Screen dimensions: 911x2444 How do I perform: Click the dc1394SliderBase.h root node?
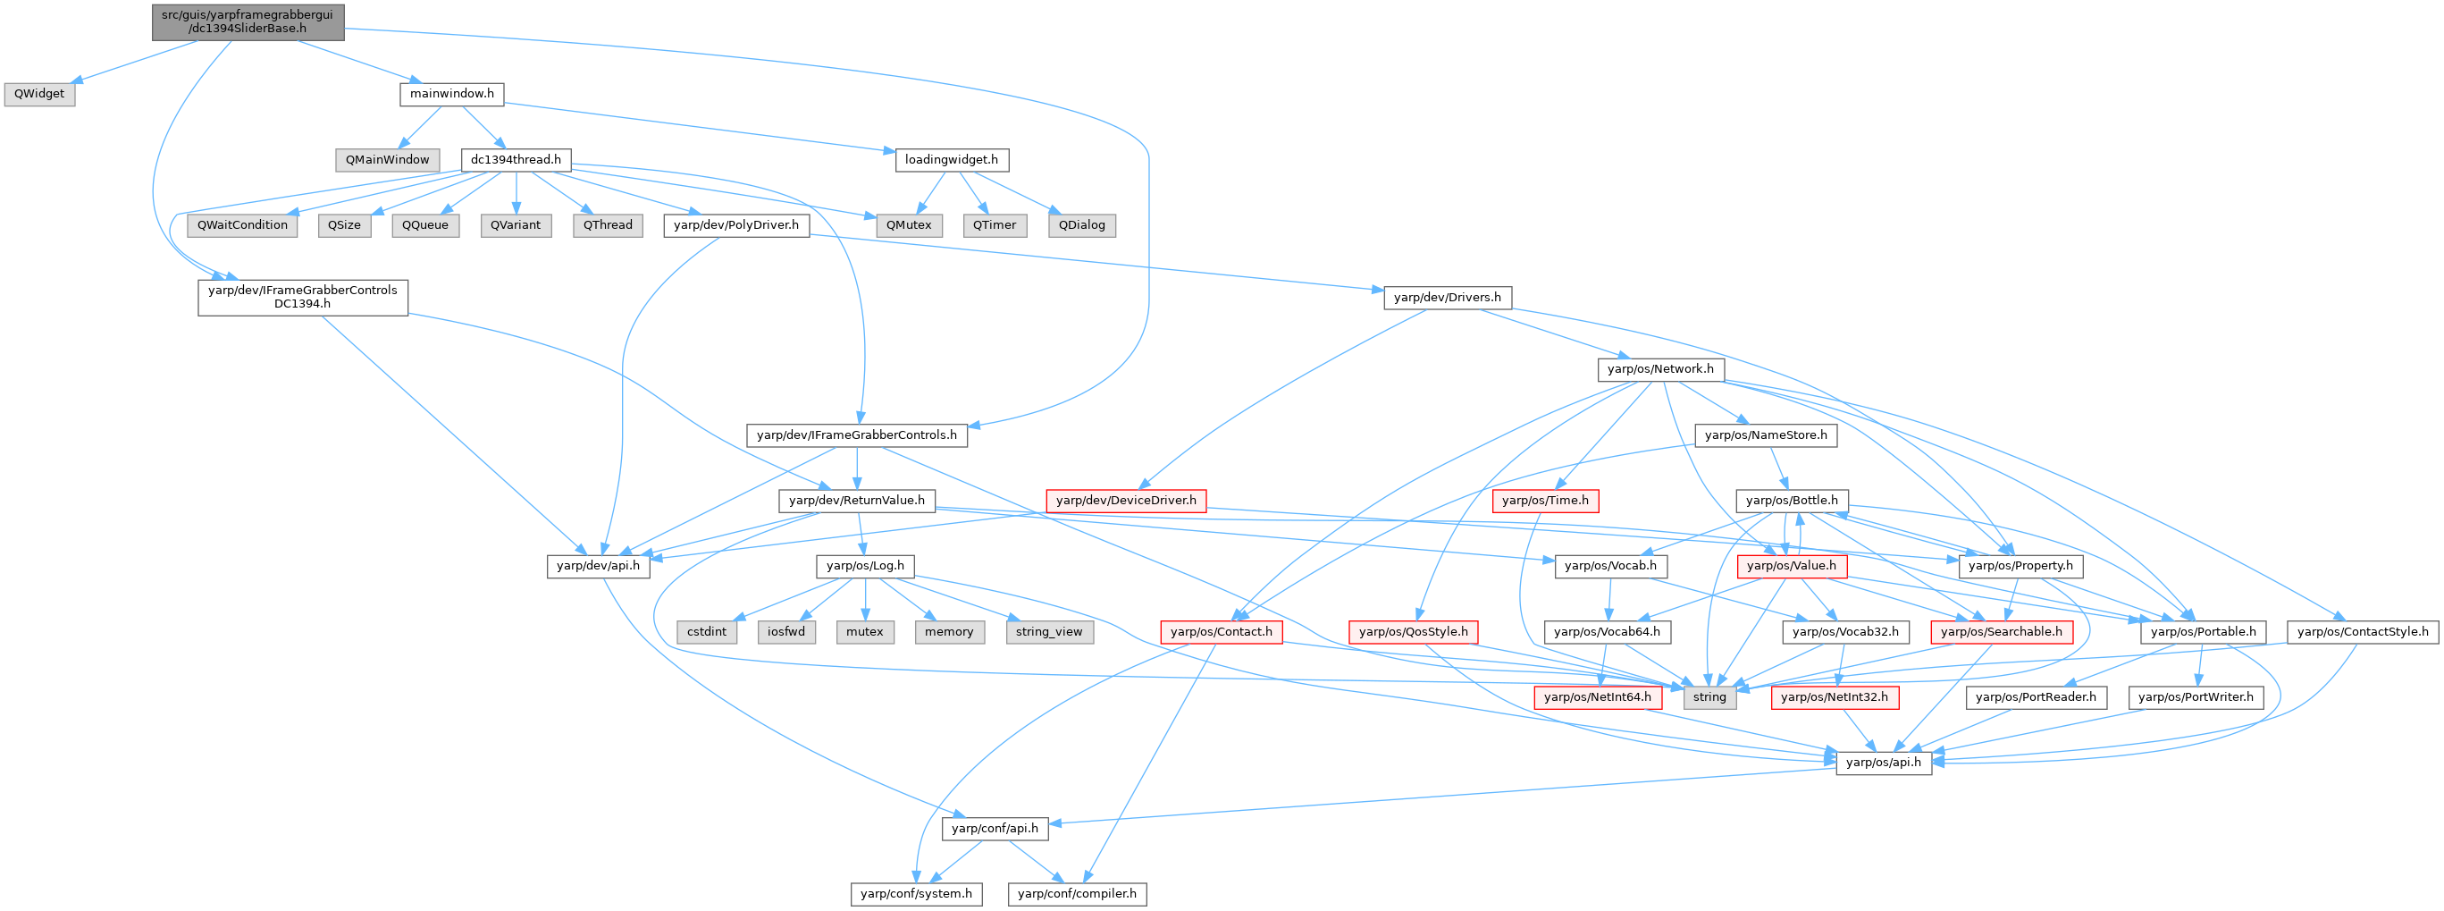click(x=248, y=21)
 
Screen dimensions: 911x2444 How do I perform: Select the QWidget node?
click(x=39, y=94)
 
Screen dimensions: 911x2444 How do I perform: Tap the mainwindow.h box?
click(x=451, y=94)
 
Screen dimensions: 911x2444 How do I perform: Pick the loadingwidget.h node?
click(x=951, y=159)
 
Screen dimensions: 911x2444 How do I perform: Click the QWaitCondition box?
click(x=243, y=225)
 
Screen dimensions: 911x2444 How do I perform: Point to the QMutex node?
click(x=908, y=225)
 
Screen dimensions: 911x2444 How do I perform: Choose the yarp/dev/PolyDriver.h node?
click(x=735, y=225)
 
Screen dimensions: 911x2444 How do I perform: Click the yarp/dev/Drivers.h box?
click(x=1446, y=297)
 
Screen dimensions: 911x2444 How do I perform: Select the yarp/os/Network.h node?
click(x=1660, y=369)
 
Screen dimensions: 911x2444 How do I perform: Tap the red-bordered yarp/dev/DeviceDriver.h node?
click(x=1125, y=500)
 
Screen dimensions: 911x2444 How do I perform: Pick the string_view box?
click(x=1048, y=631)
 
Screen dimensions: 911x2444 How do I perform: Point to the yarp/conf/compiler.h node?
click(x=1077, y=893)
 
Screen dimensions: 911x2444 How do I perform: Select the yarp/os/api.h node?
click(x=1884, y=762)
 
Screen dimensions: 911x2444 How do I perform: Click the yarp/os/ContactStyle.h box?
click(x=2363, y=631)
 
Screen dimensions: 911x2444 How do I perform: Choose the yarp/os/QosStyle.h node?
click(x=1413, y=631)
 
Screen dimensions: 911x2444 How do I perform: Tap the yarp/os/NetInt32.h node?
click(x=1834, y=696)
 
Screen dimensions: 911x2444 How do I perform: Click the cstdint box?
click(x=707, y=631)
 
